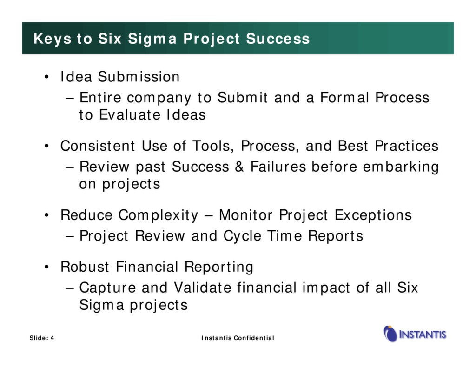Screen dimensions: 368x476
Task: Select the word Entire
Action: [100, 98]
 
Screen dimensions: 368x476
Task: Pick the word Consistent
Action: [99, 146]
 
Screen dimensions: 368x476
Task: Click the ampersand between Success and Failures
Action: [239, 167]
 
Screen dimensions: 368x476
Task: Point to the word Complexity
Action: [158, 215]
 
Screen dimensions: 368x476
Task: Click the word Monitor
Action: [246, 215]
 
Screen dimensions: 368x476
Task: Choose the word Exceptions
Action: [373, 215]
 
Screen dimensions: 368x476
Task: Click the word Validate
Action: [202, 288]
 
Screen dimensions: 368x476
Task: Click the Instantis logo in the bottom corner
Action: [415, 334]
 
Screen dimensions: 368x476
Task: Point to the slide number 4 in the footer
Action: [52, 338]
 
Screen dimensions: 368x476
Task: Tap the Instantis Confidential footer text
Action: [238, 338]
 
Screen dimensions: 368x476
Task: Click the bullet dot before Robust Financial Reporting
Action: [47, 268]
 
